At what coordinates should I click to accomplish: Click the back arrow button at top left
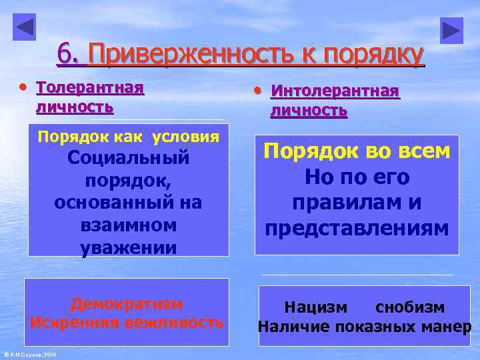click(x=24, y=27)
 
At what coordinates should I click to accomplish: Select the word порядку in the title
click(x=373, y=55)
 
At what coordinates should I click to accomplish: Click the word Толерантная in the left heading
click(x=89, y=88)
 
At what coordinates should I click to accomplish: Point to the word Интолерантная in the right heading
click(x=335, y=91)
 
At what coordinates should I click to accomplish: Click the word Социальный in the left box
click(x=128, y=159)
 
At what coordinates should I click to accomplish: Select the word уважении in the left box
click(x=128, y=247)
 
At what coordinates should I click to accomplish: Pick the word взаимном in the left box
click(x=128, y=225)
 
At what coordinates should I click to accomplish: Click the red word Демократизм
click(x=127, y=304)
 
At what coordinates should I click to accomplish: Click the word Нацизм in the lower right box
click(x=316, y=307)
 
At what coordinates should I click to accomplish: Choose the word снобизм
click(x=410, y=307)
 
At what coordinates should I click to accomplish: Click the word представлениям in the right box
click(x=357, y=229)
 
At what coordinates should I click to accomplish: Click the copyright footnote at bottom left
click(x=29, y=354)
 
